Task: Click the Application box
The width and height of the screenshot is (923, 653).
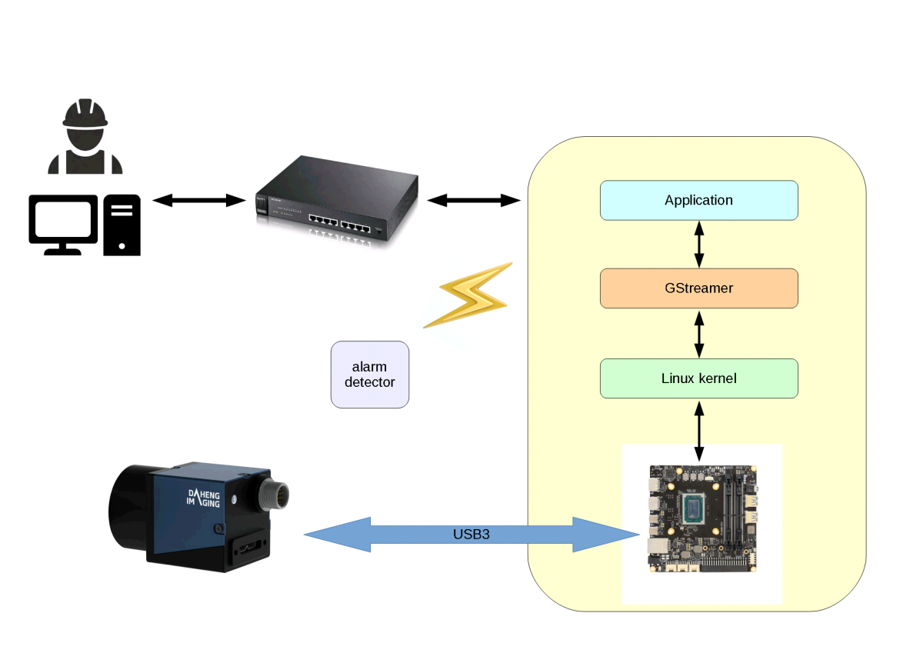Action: click(698, 200)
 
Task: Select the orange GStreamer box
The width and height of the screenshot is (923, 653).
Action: click(698, 288)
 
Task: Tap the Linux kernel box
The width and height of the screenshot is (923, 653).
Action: click(698, 378)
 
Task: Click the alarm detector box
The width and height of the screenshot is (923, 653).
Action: click(370, 375)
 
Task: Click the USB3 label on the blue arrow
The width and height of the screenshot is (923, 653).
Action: click(471, 533)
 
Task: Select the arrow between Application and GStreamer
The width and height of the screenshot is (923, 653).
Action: click(698, 244)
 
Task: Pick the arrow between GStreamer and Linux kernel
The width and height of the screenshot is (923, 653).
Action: click(698, 333)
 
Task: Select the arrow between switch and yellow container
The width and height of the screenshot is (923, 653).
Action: click(474, 201)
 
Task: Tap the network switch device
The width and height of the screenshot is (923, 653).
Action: click(337, 200)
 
